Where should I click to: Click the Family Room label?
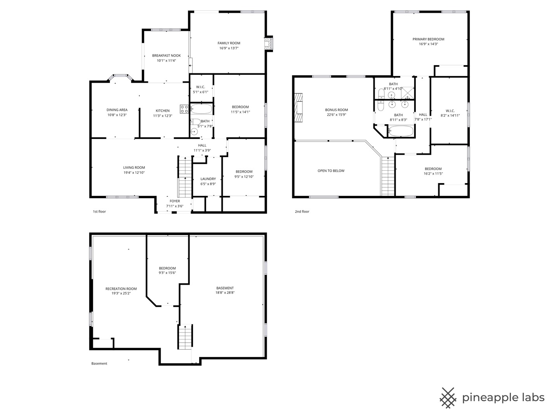tap(229, 43)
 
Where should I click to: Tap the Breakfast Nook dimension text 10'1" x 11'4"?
tap(166, 61)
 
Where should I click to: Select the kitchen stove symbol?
tap(184, 109)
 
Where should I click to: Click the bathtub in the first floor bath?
tap(201, 109)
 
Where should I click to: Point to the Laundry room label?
tap(208, 179)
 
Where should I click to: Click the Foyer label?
tap(175, 201)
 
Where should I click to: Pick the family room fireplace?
tap(268, 44)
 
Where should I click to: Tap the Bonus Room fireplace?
tap(299, 107)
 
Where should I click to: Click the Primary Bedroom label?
tap(428, 39)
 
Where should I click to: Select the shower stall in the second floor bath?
tap(408, 93)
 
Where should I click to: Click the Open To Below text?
tap(331, 171)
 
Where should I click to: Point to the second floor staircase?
tap(387, 176)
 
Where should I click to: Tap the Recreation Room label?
tap(121, 289)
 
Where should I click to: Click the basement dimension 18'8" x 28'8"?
tap(225, 293)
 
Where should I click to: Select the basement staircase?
tap(185, 337)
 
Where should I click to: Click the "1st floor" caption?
tap(99, 211)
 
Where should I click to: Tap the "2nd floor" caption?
tap(302, 211)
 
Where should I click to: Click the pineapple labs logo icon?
tap(448, 398)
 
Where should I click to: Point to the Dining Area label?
tap(117, 110)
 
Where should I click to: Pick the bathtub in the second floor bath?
tap(401, 131)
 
